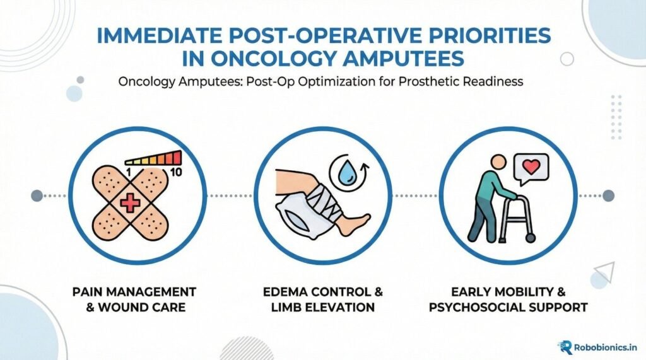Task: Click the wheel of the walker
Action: pyautogui.click(x=531, y=238)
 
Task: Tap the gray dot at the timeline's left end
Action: pyautogui.click(x=37, y=195)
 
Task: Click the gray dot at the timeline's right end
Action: pyautogui.click(x=608, y=195)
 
